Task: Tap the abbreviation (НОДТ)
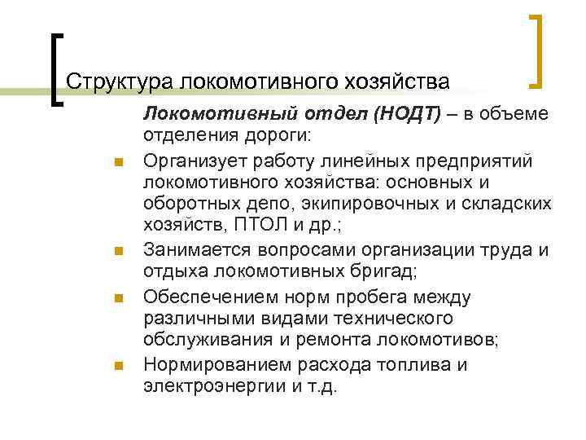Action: [408, 114]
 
